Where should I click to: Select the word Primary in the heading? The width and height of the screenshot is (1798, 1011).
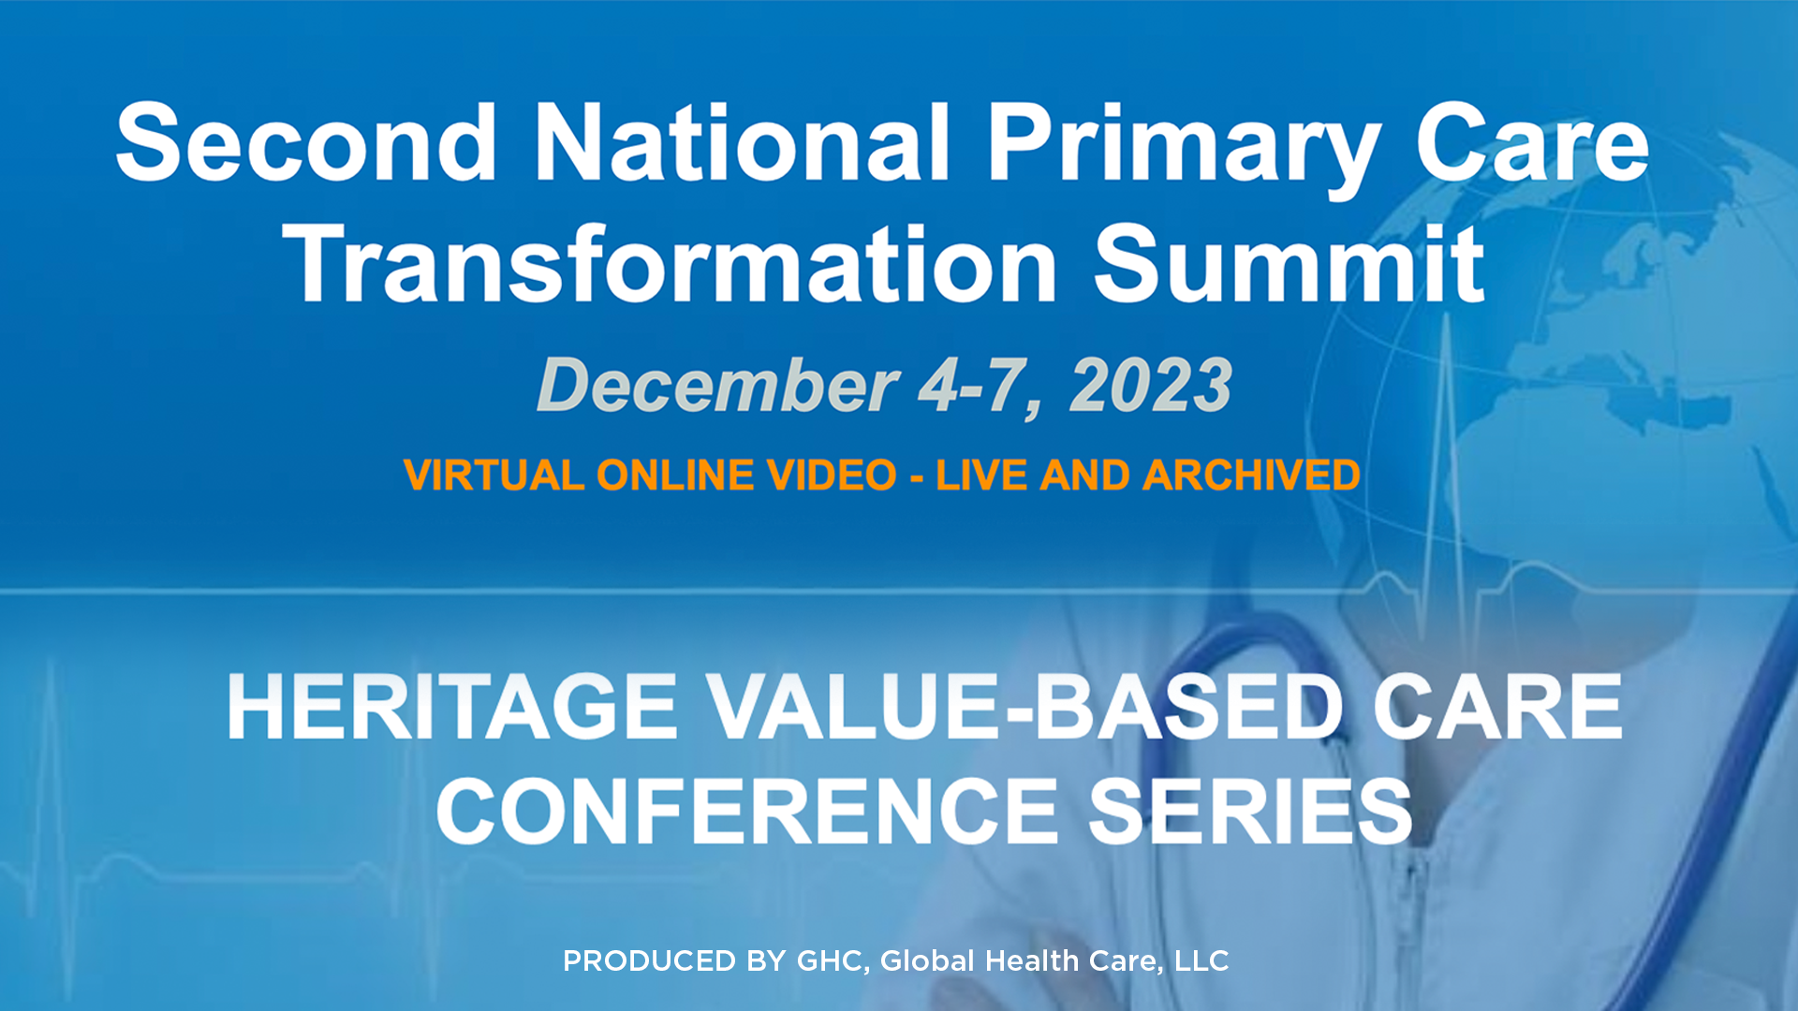point(1184,150)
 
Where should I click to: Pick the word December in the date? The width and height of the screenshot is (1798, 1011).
point(718,385)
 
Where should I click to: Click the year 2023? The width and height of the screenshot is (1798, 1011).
point(1151,385)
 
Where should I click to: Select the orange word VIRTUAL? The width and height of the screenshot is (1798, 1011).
point(494,476)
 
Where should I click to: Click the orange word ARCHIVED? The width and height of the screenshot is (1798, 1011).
point(1251,476)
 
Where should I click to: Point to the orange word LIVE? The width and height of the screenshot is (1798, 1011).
point(982,476)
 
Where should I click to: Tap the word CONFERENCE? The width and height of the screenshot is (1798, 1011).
point(746,811)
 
